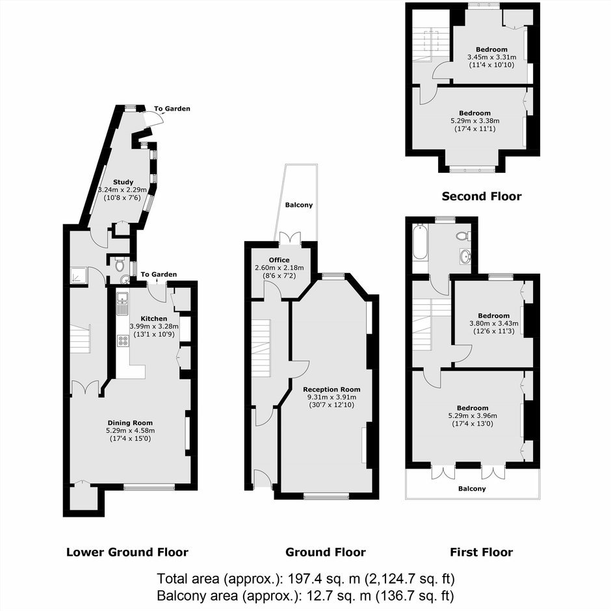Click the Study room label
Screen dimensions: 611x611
123,182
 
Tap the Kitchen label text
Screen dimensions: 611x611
154,318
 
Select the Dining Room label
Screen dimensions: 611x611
130,422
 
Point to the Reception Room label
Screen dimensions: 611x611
331,389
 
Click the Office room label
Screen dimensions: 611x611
279,260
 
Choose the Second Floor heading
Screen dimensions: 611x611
482,196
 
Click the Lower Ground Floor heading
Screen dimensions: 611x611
127,552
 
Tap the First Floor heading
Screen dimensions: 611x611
482,552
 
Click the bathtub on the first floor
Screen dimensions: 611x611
420,242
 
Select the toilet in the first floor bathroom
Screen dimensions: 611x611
463,236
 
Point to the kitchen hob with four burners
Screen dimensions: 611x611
123,341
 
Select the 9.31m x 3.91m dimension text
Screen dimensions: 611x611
331,397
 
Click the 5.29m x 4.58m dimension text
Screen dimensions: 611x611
130,430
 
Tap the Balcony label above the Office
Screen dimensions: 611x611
299,205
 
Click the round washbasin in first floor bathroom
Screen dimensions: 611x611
465,256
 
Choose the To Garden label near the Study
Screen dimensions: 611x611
172,109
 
